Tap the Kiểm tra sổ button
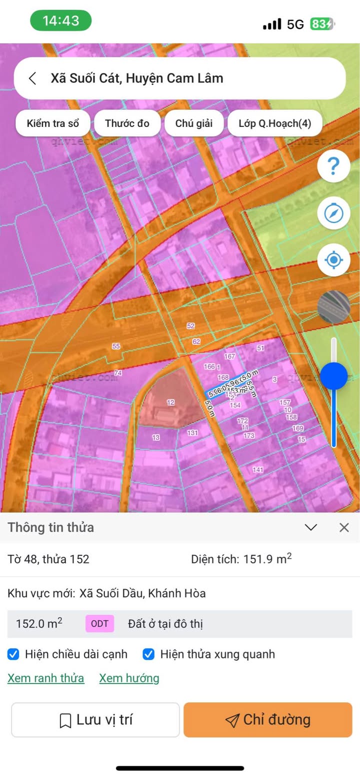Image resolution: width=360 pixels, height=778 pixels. click(53, 123)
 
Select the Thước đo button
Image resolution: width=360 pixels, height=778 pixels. click(127, 123)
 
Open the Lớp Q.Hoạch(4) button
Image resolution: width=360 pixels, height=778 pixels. click(274, 123)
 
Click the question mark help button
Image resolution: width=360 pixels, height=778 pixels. click(333, 165)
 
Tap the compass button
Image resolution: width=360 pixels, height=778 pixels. click(333, 213)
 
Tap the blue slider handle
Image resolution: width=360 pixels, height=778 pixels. click(333, 376)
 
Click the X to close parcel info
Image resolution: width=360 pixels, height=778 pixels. click(344, 528)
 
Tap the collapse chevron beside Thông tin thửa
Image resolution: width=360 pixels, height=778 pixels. click(311, 528)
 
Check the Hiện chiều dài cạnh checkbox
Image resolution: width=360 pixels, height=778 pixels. click(14, 654)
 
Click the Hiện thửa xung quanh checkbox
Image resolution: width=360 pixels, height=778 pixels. click(148, 654)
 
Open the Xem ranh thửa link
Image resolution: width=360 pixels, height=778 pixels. click(45, 678)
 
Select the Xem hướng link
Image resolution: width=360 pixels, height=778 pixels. click(129, 678)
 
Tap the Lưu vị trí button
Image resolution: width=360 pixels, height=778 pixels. click(95, 720)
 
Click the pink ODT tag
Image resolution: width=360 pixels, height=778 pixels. click(99, 624)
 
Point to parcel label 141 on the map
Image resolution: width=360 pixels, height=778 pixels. click(258, 470)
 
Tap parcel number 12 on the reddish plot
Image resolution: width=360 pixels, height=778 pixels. click(170, 402)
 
